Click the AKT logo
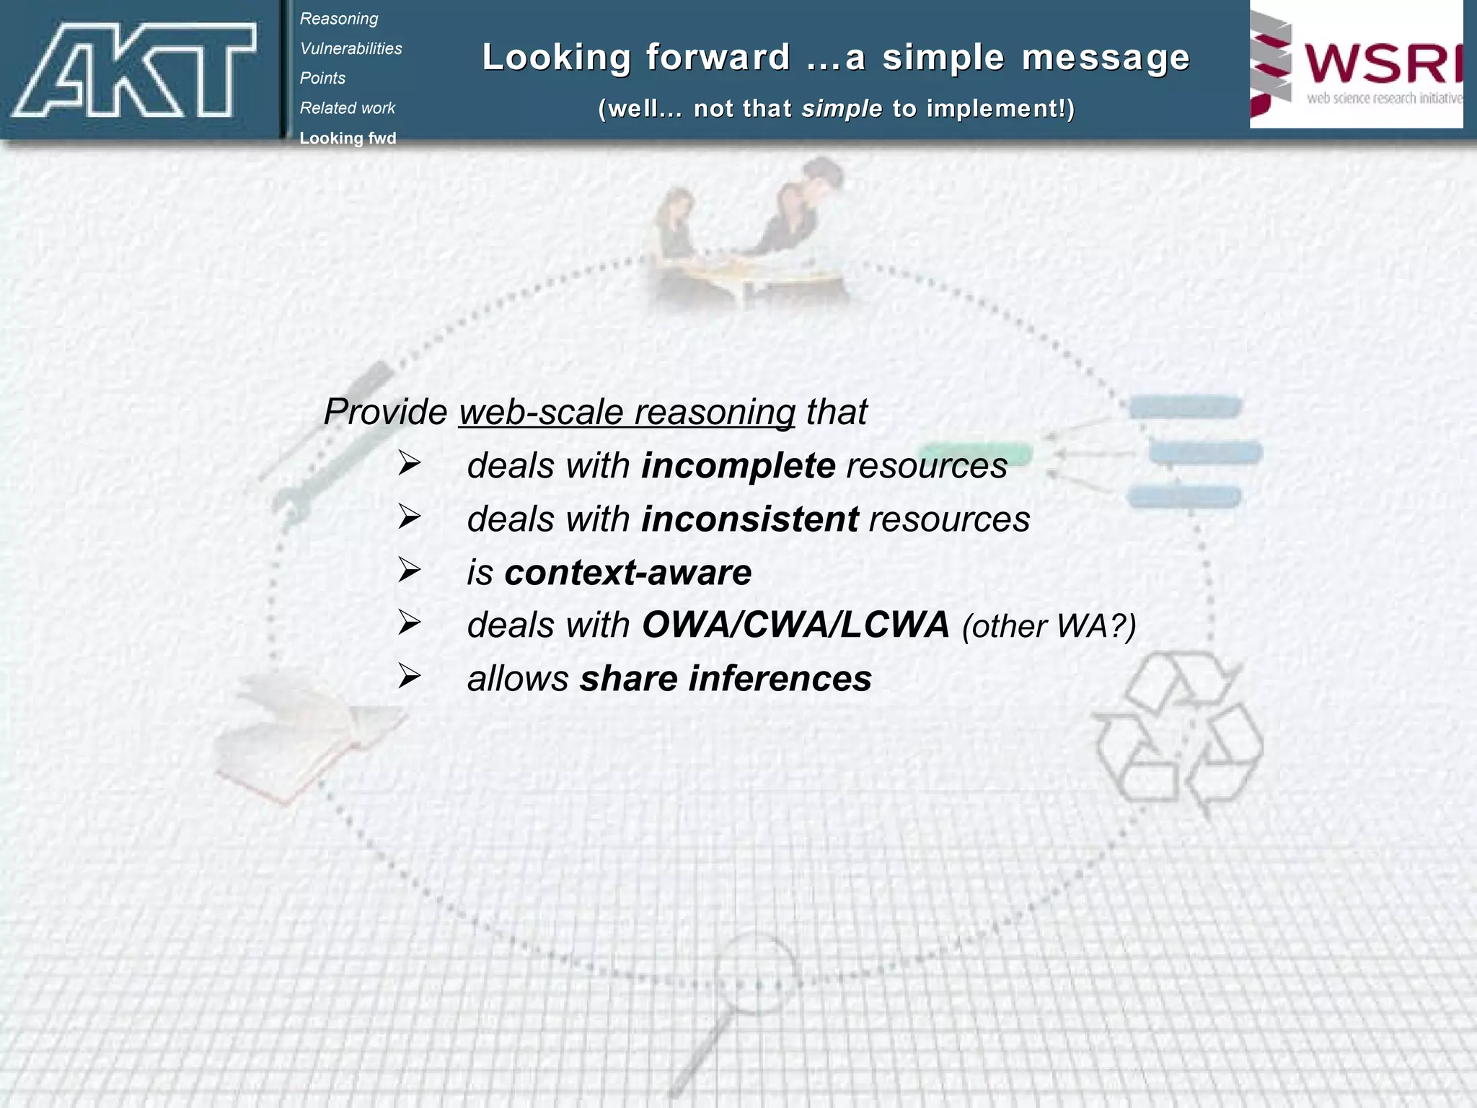click(x=134, y=69)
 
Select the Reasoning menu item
click(x=339, y=19)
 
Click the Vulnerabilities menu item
click(x=351, y=48)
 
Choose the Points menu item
click(x=322, y=78)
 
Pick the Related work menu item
click(x=348, y=108)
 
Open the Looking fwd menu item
click(x=348, y=138)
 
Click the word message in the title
click(x=1106, y=58)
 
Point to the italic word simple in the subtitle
click(x=842, y=109)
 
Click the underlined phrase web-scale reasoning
click(x=627, y=412)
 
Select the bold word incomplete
click(x=738, y=465)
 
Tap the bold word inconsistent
click(x=750, y=519)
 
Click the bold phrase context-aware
click(x=628, y=573)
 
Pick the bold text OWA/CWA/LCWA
click(x=795, y=625)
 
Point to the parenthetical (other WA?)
click(x=1049, y=626)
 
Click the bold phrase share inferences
click(x=726, y=679)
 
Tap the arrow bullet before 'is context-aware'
click(x=410, y=571)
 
